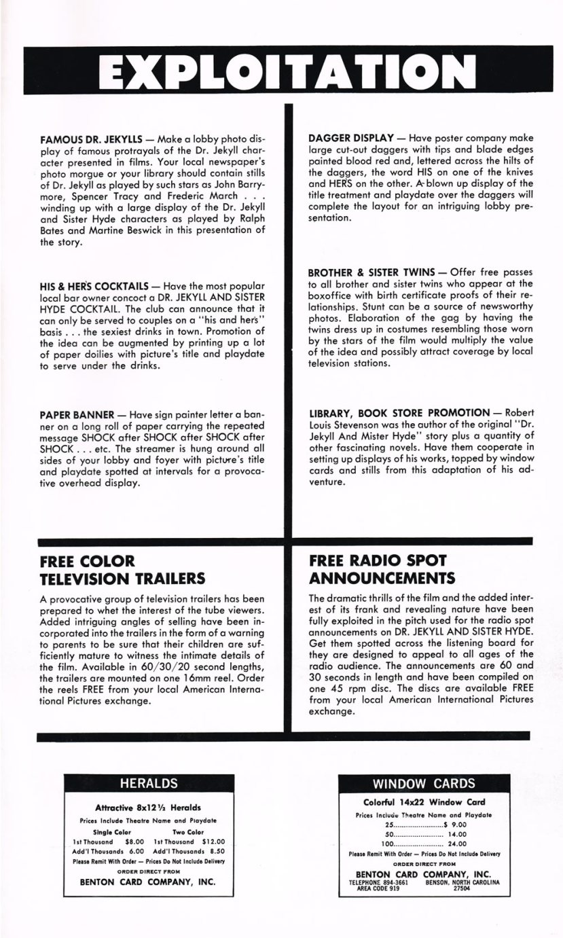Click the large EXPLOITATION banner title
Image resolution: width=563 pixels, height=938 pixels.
click(x=281, y=70)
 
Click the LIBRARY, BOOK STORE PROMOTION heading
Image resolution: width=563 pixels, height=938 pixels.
click(x=399, y=412)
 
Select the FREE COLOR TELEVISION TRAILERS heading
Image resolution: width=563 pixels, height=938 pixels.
click(x=122, y=571)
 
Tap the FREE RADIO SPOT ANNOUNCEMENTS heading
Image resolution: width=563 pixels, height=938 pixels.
click(x=382, y=569)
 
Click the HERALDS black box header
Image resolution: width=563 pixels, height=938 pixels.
click(x=149, y=783)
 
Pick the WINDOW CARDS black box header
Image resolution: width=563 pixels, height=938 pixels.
click(x=424, y=783)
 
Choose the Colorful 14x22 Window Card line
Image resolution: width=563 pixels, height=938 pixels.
click(x=424, y=802)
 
